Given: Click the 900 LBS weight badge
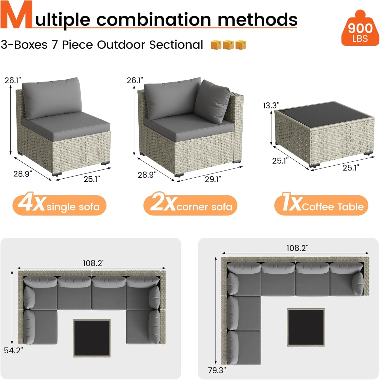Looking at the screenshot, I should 360,29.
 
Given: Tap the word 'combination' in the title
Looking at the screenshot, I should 154,20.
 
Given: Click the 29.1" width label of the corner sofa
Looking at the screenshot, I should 213,179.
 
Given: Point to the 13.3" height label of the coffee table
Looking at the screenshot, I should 271,105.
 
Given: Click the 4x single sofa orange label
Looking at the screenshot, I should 59,205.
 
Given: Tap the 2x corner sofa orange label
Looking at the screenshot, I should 190,205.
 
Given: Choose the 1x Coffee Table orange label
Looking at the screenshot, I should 321,205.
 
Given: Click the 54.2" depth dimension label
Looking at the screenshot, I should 13,350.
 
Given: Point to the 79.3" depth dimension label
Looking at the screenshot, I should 217,370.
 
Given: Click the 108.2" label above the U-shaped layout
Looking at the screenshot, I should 94,263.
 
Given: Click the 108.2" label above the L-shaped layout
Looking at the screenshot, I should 297,248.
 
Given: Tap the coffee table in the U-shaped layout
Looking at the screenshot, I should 92,338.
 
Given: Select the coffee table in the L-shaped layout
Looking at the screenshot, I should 306,327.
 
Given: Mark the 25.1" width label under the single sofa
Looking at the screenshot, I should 92,179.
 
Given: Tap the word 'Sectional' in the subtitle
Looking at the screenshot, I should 176,45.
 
